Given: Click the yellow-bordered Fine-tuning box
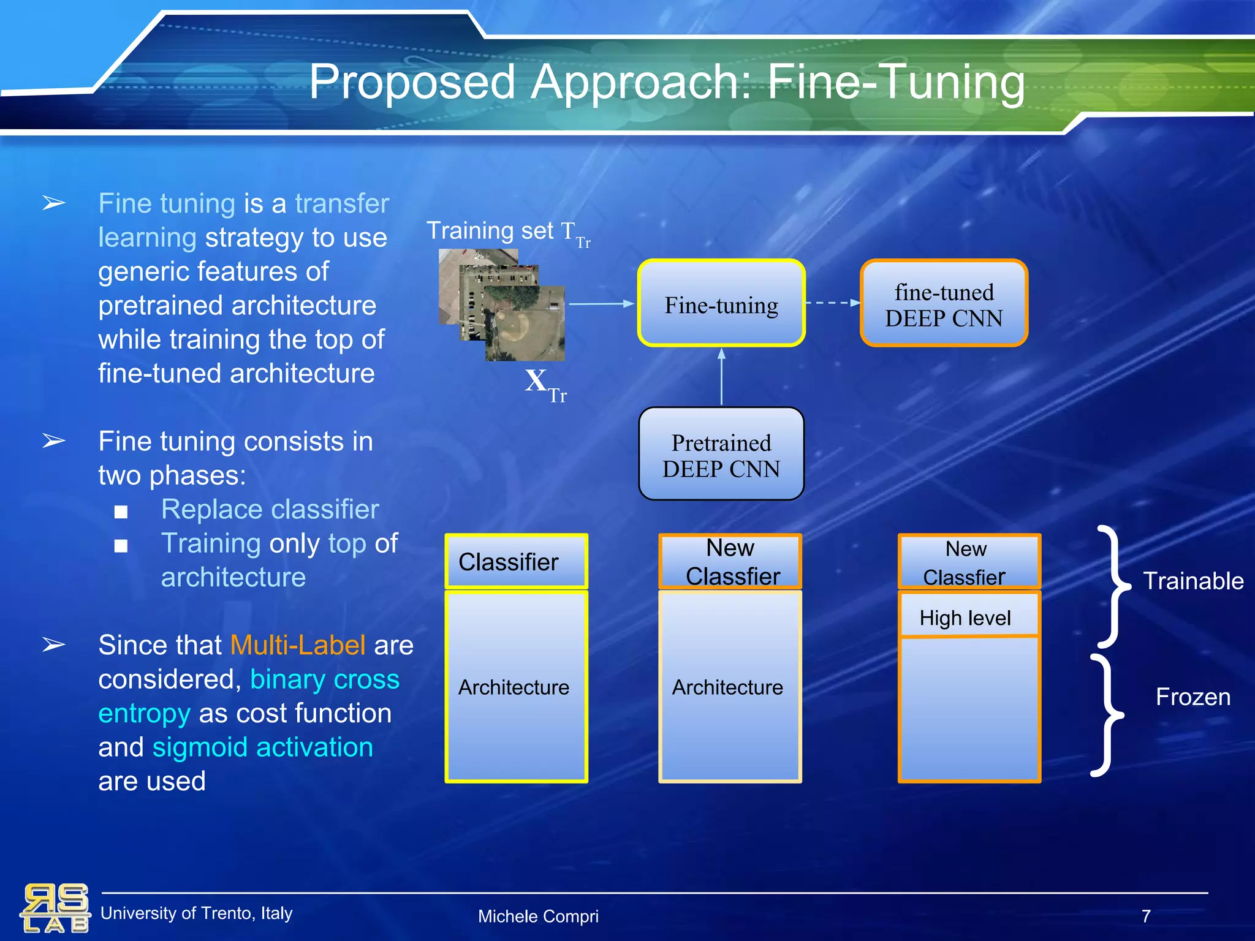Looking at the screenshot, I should point(721,303).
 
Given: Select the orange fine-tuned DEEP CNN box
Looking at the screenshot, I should point(944,303).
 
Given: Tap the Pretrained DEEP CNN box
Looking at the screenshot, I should point(721,455).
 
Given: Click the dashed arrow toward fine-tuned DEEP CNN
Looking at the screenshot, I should point(833,303).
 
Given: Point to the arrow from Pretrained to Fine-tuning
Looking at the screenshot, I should point(721,377).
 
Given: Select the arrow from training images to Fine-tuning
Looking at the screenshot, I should point(601,303).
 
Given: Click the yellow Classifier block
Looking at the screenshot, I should point(516,562).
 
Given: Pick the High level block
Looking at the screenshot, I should point(968,618).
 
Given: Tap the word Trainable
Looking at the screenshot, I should point(1193,581).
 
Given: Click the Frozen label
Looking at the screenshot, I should point(1192,697).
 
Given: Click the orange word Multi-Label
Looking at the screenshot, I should point(298,645).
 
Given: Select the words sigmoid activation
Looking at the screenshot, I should point(262,747).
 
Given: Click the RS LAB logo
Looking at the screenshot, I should point(55,908).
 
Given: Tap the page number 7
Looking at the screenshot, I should point(1146,916).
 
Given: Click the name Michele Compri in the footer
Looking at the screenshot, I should point(538,916).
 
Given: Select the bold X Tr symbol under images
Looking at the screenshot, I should point(544,384).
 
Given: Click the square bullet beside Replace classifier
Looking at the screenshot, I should point(121,512).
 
